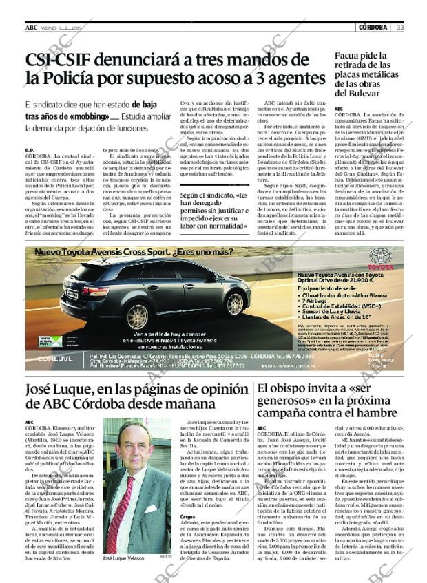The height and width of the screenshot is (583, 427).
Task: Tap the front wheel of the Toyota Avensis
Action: tap(235, 302)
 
